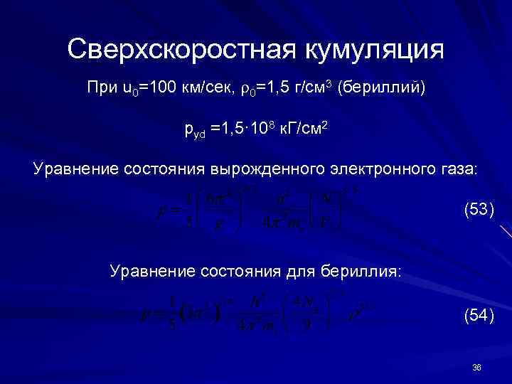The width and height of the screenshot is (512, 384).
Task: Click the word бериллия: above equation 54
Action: click(365, 271)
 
